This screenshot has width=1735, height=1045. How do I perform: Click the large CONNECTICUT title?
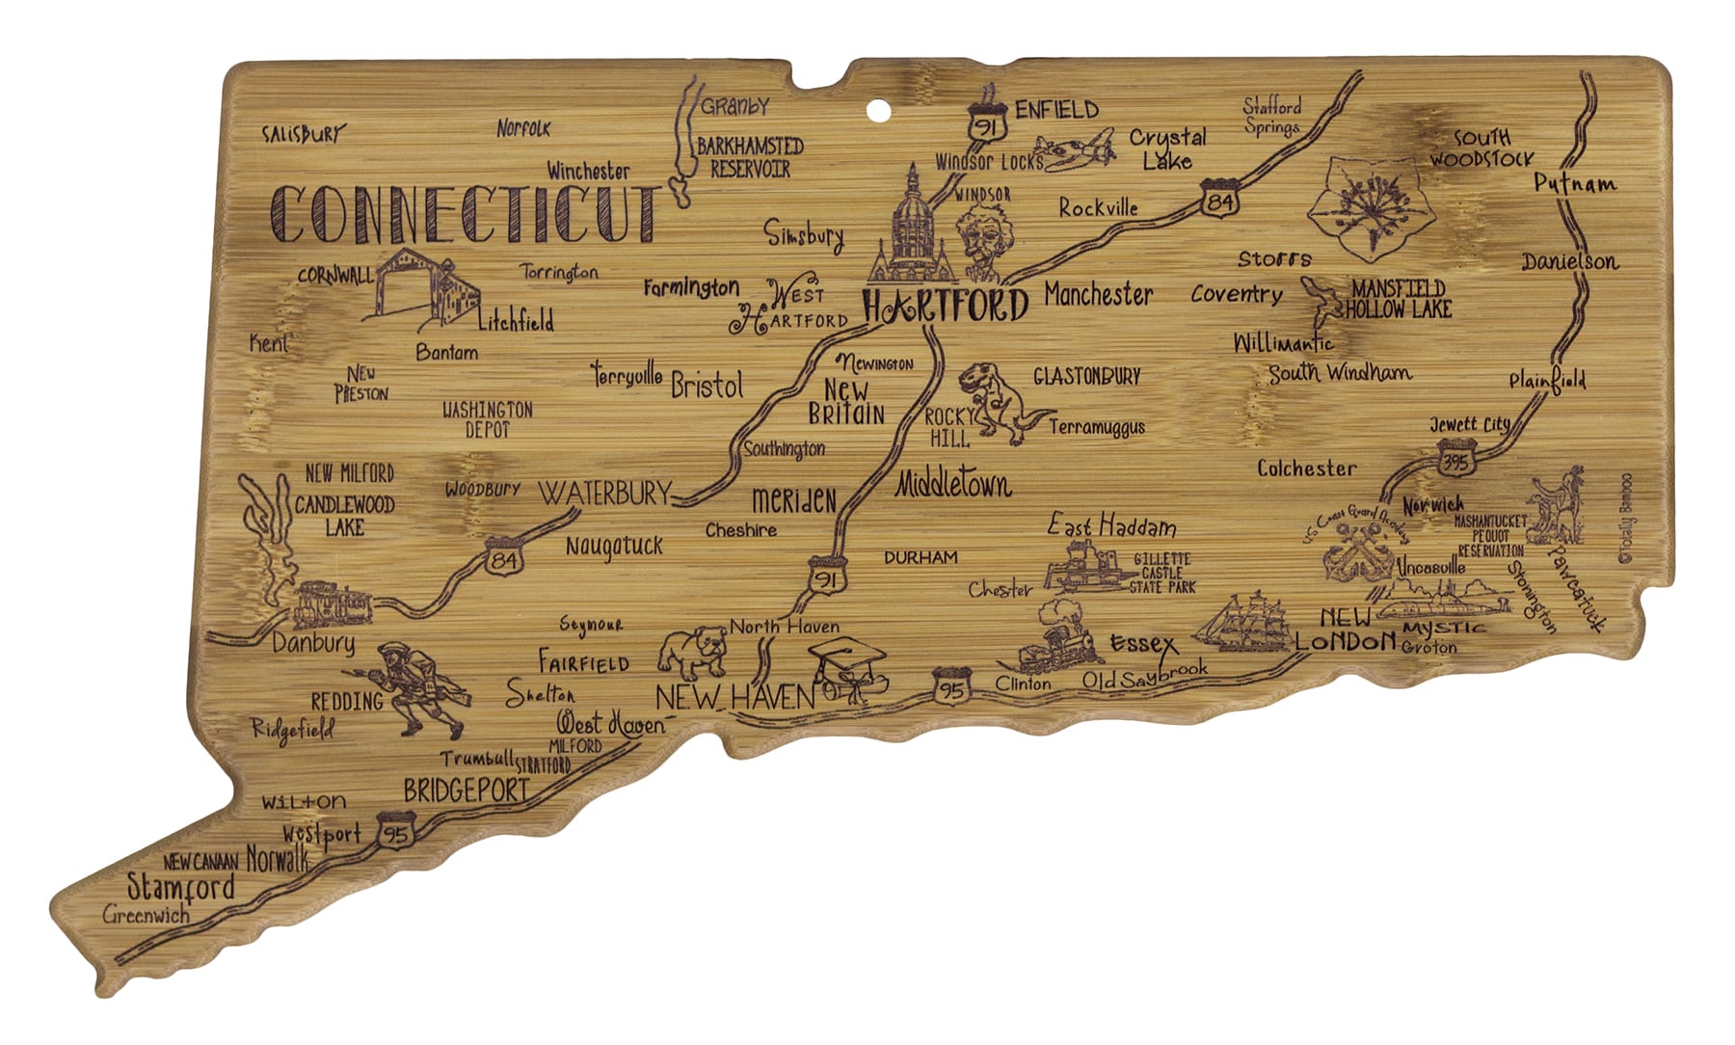pyautogui.click(x=466, y=214)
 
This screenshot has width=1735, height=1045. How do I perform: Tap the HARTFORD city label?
pyautogui.click(x=945, y=307)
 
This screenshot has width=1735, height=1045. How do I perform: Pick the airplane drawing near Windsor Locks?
pyautogui.click(x=1081, y=157)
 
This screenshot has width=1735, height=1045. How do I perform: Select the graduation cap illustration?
pyautogui.click(x=846, y=665)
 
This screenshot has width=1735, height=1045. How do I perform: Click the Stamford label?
pyautogui.click(x=181, y=887)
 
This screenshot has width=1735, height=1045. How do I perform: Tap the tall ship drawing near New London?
pyautogui.click(x=1244, y=620)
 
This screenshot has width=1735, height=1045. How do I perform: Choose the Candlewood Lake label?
pyautogui.click(x=344, y=515)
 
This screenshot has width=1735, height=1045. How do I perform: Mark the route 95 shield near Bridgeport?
pyautogui.click(x=395, y=832)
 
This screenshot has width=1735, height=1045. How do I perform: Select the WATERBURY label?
pyautogui.click(x=604, y=494)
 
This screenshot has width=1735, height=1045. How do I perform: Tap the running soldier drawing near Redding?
pyautogui.click(x=417, y=686)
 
